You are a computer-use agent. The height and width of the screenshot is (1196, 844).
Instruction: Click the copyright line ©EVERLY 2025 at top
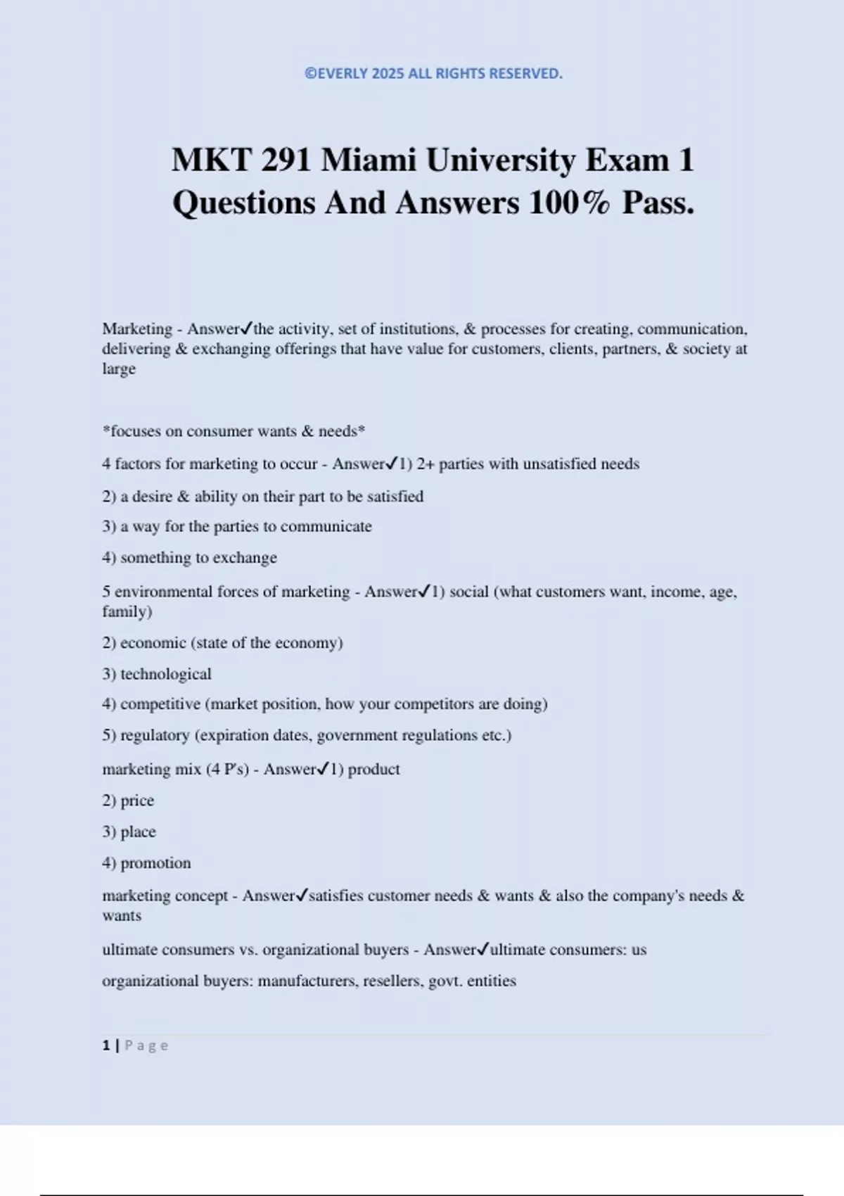(x=433, y=74)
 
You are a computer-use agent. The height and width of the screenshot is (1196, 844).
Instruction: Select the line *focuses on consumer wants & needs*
(x=234, y=431)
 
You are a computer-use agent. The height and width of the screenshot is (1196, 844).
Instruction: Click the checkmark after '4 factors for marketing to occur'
(x=392, y=464)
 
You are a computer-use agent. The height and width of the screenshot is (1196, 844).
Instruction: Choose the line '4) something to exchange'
(x=189, y=558)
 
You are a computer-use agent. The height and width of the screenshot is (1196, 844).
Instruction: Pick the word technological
(x=166, y=674)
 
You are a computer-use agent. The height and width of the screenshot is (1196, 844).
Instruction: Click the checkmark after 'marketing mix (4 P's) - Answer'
(x=323, y=769)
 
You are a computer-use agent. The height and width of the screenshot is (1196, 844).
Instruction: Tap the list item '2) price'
(x=128, y=801)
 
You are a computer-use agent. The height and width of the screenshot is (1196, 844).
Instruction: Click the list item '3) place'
(x=129, y=832)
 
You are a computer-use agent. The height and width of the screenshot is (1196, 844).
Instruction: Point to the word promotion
(x=155, y=863)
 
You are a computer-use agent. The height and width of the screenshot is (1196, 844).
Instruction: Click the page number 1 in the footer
(x=106, y=1045)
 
